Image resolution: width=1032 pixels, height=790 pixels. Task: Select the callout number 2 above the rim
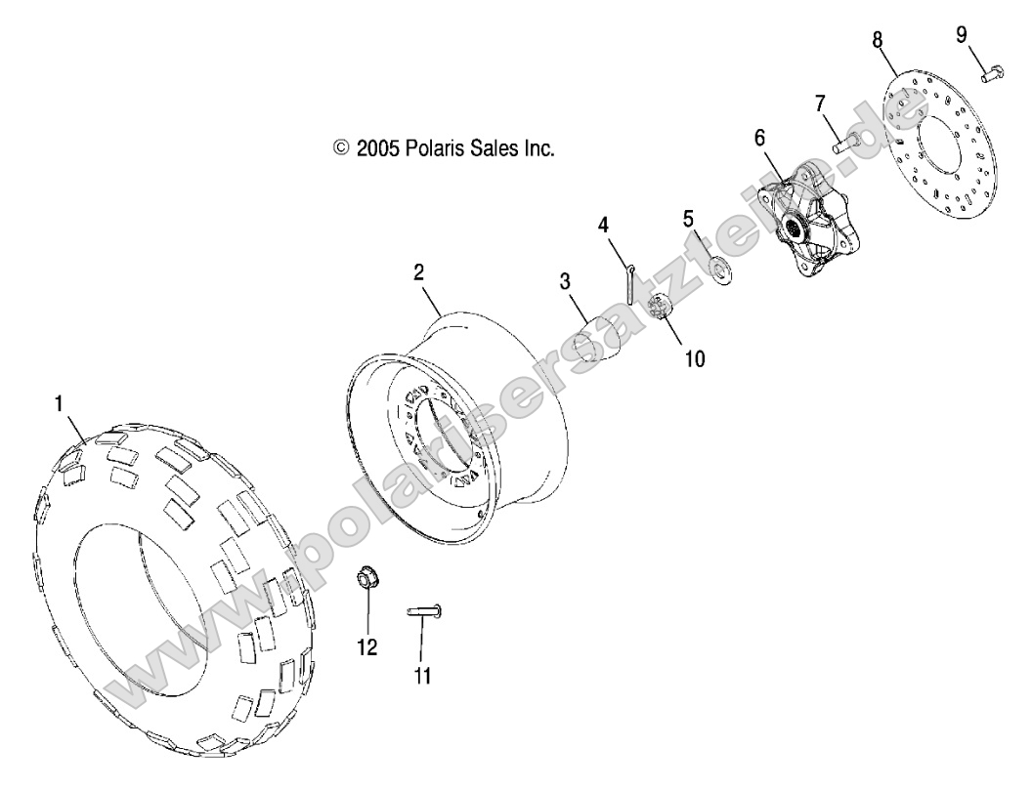coord(418,272)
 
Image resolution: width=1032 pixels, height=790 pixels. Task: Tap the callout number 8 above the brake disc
coord(877,39)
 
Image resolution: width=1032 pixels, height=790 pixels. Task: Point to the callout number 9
coord(962,33)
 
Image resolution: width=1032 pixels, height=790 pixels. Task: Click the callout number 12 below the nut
coord(367,646)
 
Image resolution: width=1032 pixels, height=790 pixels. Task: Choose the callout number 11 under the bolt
coord(422,675)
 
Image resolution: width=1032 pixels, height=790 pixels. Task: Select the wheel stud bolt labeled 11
coord(424,611)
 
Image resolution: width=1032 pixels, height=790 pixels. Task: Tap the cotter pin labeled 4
coord(629,283)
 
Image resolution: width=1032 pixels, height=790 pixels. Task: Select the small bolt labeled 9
coord(991,70)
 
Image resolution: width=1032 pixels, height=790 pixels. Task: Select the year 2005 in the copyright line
coord(377,148)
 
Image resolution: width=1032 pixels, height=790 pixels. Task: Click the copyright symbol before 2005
coord(341,148)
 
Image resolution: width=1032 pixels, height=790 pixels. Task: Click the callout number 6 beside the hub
coord(758,138)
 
